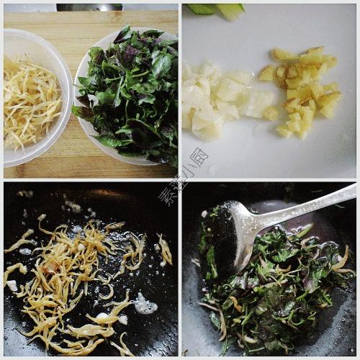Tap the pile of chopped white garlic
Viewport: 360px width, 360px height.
pyautogui.click(x=216, y=101)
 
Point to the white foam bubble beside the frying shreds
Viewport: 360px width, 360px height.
pyautogui.click(x=145, y=306)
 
